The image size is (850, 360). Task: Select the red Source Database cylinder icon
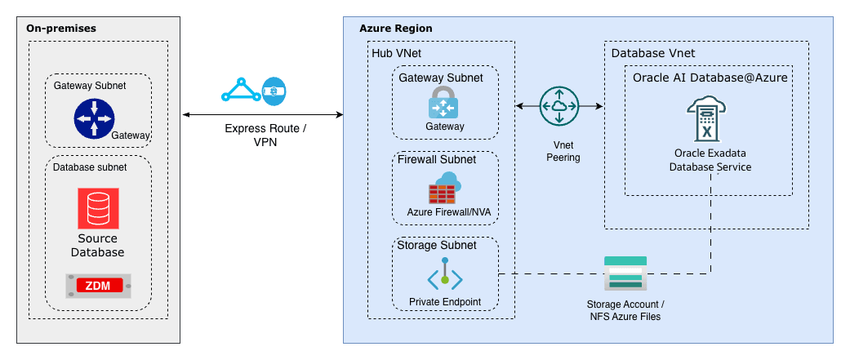coord(98,208)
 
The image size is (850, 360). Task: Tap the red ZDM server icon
coord(98,285)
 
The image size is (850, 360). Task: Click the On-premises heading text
coord(61,28)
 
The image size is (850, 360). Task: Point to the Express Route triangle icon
coord(240,90)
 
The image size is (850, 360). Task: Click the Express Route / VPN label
coord(265,136)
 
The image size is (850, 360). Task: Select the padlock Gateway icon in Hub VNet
coord(445,103)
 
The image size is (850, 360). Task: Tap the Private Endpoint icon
coord(445,274)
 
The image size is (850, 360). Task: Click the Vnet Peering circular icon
coord(559,106)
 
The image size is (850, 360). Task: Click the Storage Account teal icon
coord(625,273)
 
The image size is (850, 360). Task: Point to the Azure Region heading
coord(396,29)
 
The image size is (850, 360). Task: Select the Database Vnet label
coord(653,53)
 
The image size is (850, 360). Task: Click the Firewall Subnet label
coord(436,159)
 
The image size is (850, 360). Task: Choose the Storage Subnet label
coord(436,245)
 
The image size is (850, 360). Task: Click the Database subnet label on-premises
coord(90,167)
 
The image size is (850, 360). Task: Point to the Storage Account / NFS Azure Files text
coord(625,310)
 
